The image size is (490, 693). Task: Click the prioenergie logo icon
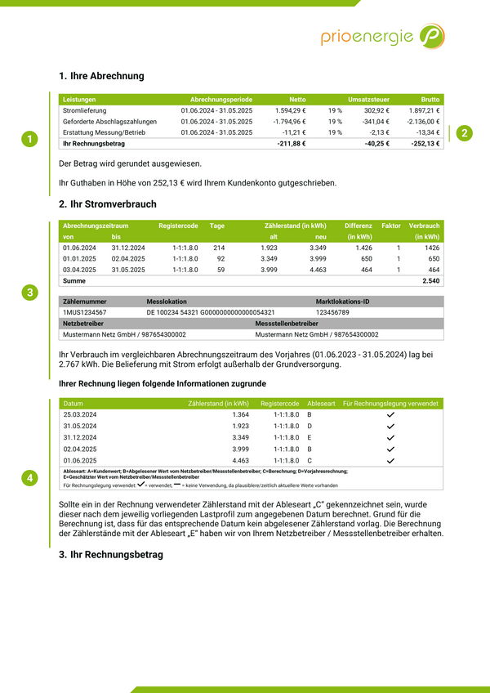(x=432, y=36)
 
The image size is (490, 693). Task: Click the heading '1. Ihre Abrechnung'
(x=101, y=76)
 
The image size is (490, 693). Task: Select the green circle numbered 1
(x=29, y=139)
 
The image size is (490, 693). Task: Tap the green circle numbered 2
(x=464, y=132)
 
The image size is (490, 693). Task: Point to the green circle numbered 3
(x=29, y=293)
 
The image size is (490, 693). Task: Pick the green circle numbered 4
(x=29, y=477)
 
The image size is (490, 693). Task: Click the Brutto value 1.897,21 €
(x=424, y=110)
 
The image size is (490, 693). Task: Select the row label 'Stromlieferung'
(x=85, y=110)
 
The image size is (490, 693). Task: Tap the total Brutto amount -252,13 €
(x=424, y=144)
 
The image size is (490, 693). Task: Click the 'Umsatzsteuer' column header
(x=368, y=99)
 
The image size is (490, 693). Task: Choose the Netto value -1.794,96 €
(x=289, y=122)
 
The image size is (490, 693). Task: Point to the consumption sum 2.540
(x=430, y=281)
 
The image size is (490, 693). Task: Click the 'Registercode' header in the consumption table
(x=178, y=226)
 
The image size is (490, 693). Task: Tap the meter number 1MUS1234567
(x=84, y=312)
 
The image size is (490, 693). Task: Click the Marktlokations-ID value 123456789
(x=332, y=312)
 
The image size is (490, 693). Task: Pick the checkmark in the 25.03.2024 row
(x=390, y=415)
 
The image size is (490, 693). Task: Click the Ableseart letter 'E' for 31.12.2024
(x=310, y=438)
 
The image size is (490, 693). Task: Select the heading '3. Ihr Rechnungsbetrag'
(x=111, y=555)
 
